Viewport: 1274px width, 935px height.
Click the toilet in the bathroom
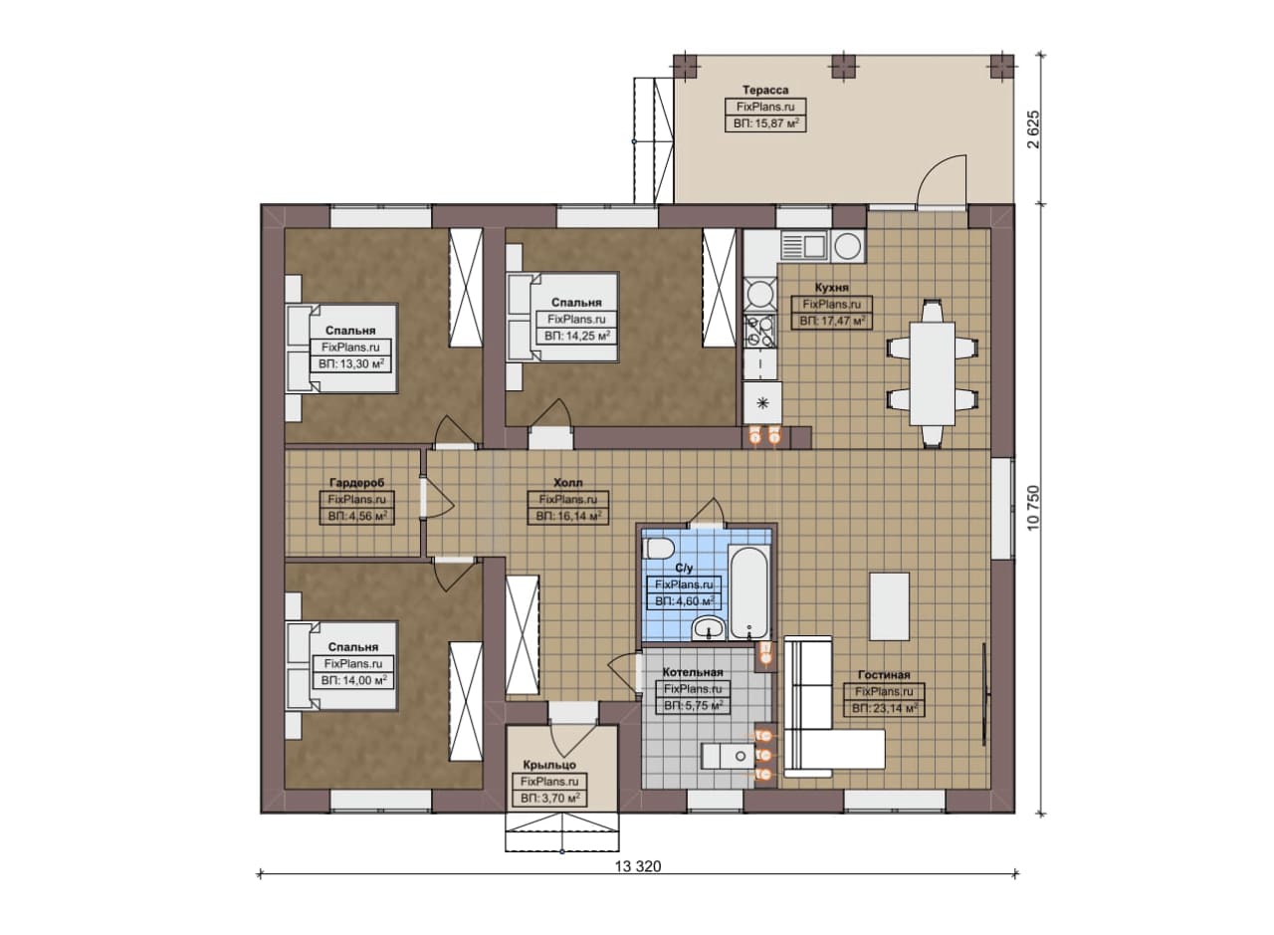(658, 550)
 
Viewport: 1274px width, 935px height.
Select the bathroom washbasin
(709, 628)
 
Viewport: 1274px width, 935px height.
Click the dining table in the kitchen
(932, 373)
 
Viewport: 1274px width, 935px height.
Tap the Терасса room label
(765, 90)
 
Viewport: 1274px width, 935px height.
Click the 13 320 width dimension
(638, 866)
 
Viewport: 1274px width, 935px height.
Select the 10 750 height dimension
(1033, 508)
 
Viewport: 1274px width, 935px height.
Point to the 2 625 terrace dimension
(1033, 128)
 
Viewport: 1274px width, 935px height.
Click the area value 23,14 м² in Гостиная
(884, 709)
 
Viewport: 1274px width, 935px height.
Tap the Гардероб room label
(356, 483)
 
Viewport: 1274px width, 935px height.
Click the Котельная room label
(692, 672)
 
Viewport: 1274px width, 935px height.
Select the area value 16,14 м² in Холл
(567, 516)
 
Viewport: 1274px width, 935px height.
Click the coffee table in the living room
(889, 606)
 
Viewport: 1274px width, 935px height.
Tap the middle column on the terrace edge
(843, 66)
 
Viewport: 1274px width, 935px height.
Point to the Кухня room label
(831, 288)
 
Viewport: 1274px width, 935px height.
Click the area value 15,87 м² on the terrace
(765, 122)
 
